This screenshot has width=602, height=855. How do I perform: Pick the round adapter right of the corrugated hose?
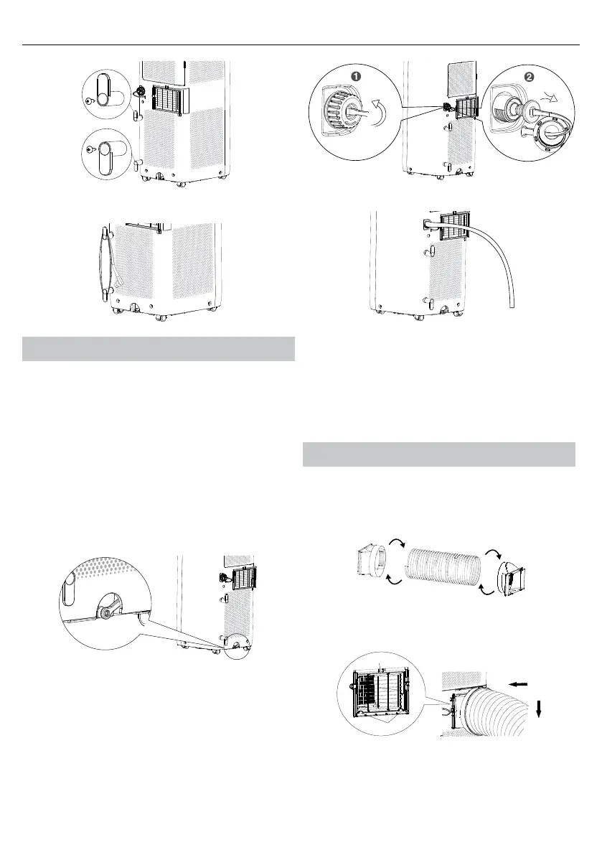pyautogui.click(x=512, y=574)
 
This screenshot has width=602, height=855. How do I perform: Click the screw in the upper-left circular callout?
pyautogui.click(x=88, y=101)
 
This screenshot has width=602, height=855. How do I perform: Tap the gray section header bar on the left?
pyautogui.click(x=159, y=348)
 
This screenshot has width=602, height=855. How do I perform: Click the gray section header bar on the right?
pyautogui.click(x=438, y=454)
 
